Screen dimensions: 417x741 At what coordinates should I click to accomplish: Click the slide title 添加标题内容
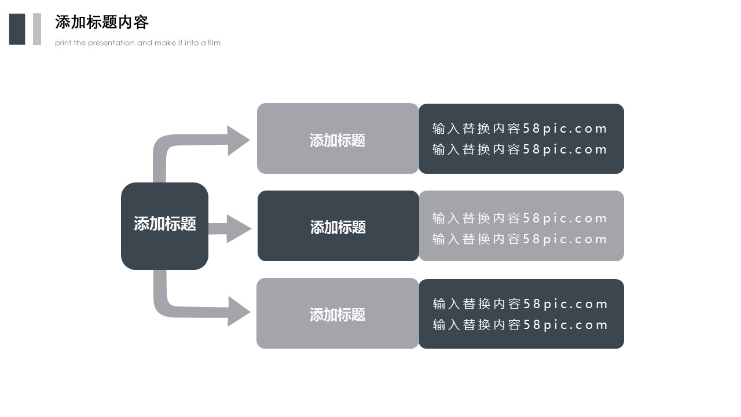coord(102,22)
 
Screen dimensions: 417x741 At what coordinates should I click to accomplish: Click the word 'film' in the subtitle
coord(214,43)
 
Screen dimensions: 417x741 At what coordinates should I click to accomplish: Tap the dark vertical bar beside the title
coord(17,29)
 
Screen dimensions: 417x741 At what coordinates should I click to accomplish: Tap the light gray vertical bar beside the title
coord(37,29)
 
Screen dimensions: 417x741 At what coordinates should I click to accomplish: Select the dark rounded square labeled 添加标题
coord(164,226)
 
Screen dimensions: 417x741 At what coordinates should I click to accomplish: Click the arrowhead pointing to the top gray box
coord(237,140)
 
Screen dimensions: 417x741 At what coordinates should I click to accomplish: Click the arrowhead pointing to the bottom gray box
coord(237,312)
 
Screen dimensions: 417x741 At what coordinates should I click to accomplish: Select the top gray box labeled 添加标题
coord(338,139)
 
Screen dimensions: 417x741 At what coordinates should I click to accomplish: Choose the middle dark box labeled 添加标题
coord(338,226)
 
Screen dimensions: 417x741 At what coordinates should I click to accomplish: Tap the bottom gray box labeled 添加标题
coord(338,314)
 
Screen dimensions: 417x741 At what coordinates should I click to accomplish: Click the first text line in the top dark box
coord(519,129)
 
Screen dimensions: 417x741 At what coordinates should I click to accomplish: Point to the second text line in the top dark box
coord(519,149)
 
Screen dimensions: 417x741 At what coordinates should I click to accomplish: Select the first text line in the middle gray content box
coord(519,218)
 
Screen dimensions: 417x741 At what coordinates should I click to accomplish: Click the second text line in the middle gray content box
coord(519,239)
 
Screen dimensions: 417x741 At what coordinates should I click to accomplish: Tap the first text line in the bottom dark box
coord(520,304)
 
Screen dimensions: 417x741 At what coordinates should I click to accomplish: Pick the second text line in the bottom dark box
coord(520,325)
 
